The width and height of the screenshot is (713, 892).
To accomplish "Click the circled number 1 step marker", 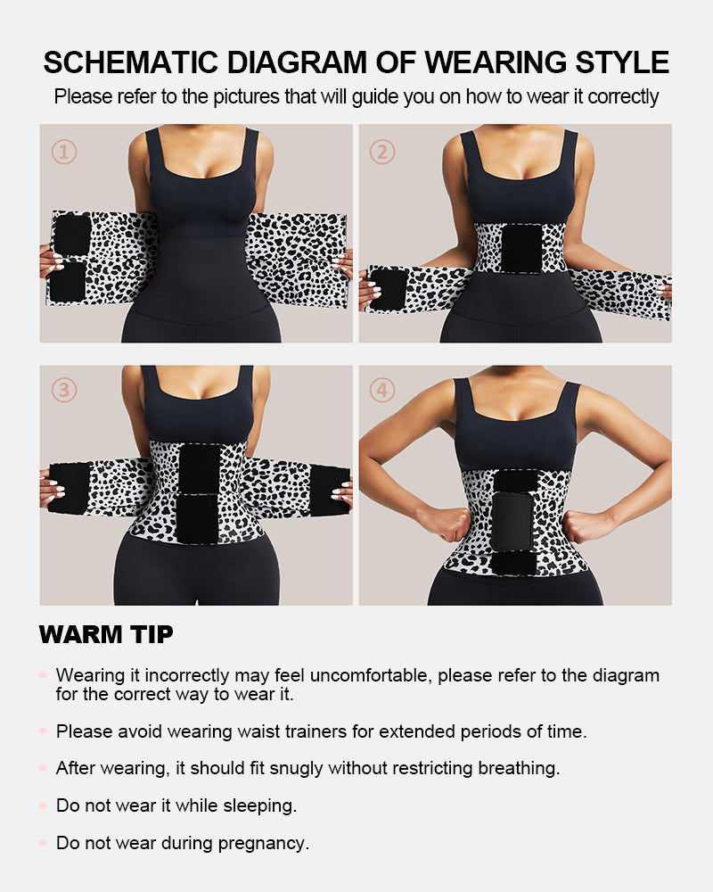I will point(63,153).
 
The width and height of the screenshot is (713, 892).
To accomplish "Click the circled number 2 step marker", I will point(382,153).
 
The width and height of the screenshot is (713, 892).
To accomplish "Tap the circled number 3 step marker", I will point(63,390).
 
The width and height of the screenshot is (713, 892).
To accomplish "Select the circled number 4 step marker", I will point(382,390).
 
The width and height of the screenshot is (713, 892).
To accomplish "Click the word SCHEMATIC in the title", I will point(129,62).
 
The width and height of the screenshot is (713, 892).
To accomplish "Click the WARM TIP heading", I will point(106,635).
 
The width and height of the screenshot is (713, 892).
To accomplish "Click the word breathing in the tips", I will point(514,768).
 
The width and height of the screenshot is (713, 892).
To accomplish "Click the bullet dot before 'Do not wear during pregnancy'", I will point(43,842).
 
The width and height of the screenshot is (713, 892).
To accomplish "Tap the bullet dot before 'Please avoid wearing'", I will point(43,731).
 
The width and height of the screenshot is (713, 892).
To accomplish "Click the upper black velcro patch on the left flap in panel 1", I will point(72,234).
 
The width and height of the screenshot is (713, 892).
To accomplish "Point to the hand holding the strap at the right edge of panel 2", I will point(666,290).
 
